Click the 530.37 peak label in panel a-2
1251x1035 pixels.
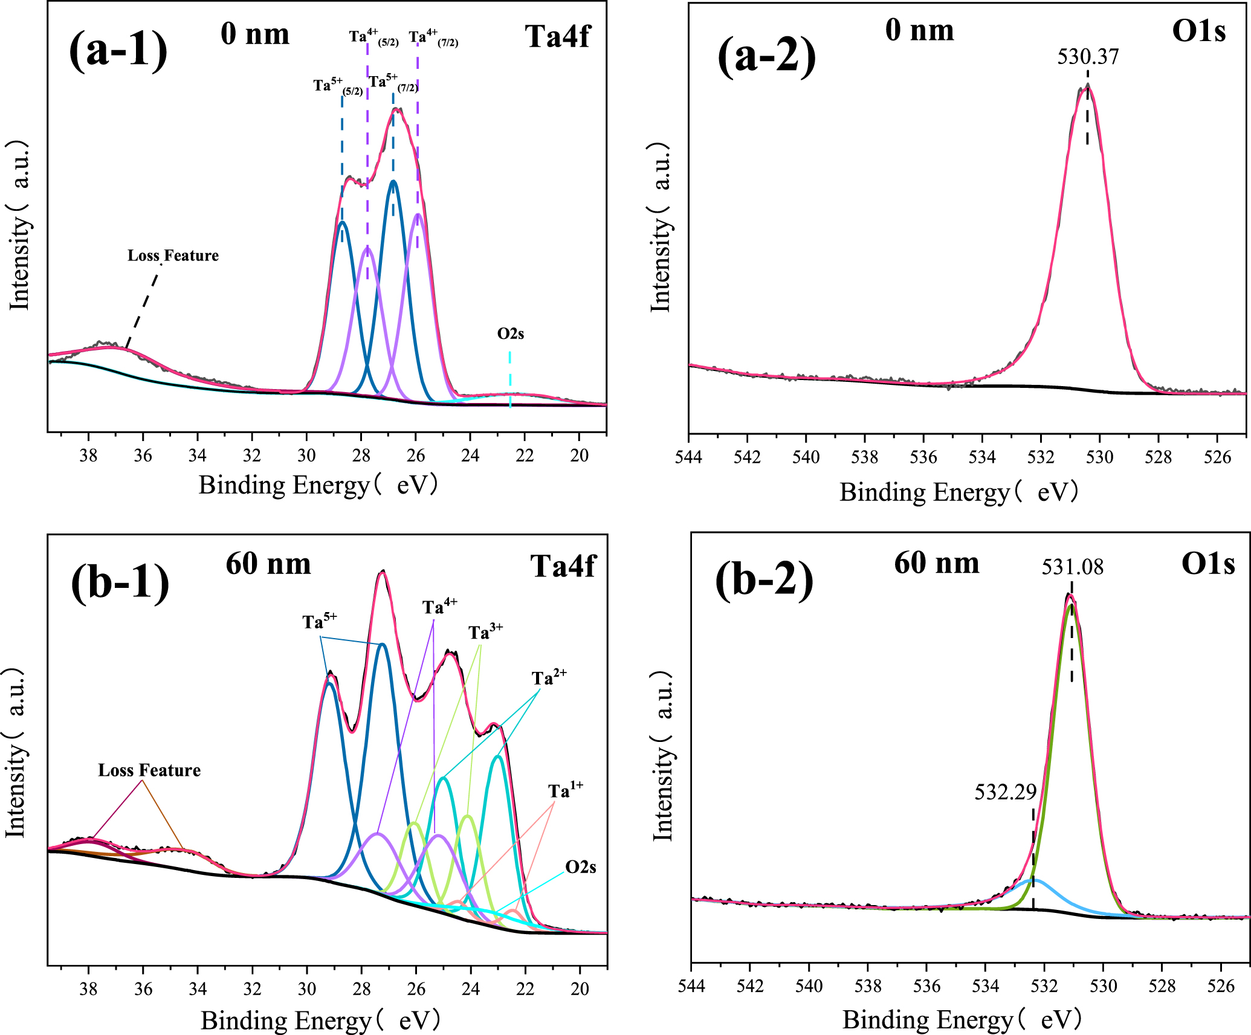coord(1088,57)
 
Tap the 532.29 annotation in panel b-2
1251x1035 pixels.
coord(1005,792)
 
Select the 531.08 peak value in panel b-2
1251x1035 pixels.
coord(1072,567)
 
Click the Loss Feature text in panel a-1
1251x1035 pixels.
coord(173,256)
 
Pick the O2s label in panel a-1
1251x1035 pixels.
coord(511,334)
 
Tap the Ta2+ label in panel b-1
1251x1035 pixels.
coord(549,678)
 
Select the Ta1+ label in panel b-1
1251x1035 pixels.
coord(565,791)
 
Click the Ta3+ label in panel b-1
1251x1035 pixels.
coord(485,632)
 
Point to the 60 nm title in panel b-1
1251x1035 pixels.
coord(268,564)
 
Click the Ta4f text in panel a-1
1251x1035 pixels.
coord(557,36)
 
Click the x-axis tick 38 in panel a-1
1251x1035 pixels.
coord(88,456)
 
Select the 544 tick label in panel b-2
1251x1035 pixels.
coord(691,987)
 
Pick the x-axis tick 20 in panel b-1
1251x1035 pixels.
coord(580,989)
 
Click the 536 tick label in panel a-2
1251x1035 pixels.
coord(923,457)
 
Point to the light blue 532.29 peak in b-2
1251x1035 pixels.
coord(1030,882)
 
